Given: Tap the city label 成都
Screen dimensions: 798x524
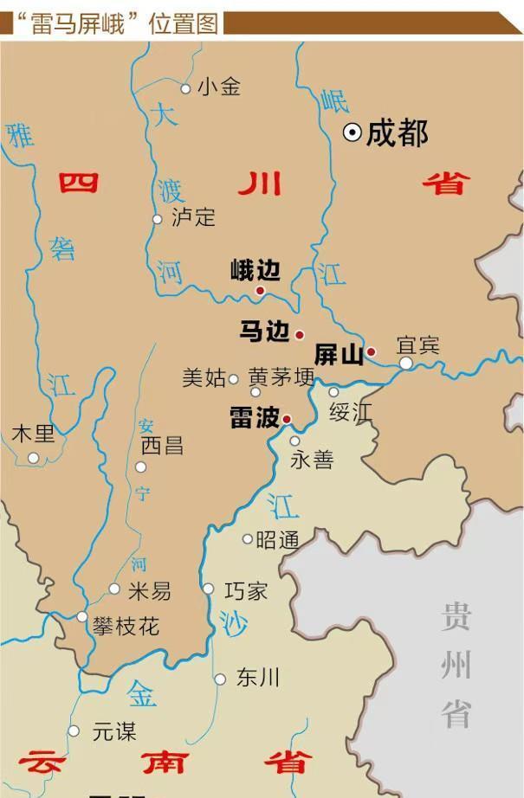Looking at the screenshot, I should [398, 132].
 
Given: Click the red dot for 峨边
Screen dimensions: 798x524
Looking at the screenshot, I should [260, 291].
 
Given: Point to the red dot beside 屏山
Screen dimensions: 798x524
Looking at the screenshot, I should [371, 351].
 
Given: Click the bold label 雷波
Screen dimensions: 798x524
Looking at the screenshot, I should [254, 417].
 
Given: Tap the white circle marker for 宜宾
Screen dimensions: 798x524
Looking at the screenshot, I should [406, 364].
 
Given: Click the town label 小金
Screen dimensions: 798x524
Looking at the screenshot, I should [218, 87].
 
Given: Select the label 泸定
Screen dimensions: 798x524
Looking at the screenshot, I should [193, 216].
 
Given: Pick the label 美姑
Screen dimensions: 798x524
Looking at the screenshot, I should [204, 377].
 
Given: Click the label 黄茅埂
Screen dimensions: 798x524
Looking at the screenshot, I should [281, 377].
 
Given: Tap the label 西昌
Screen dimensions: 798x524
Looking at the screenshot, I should [162, 445].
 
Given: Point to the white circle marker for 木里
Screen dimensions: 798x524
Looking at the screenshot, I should [34, 458].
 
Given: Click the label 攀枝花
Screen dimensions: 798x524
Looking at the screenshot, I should [126, 626].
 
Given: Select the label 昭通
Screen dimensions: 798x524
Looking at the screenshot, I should [278, 540].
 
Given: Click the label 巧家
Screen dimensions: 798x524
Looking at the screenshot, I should [246, 591].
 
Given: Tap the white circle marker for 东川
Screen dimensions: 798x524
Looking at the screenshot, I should [220, 679].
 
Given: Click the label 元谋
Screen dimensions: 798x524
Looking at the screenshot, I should [114, 731].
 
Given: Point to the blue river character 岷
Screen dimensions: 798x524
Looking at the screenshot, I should [333, 100].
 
